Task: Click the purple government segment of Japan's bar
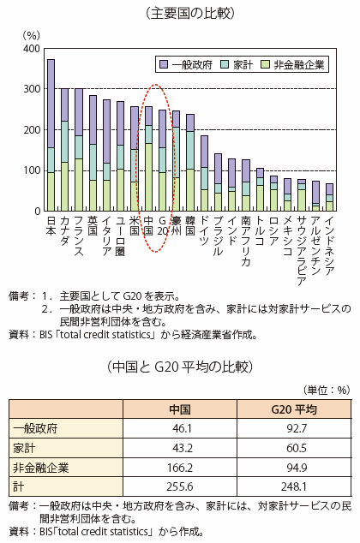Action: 51,104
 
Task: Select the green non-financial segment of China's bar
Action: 148,177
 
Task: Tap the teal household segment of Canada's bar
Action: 65,141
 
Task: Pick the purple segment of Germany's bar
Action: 204,152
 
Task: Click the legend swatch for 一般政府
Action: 164,64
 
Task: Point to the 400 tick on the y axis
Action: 32,49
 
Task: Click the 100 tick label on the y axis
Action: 32,170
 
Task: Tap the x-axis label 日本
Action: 51,225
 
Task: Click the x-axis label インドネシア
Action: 329,246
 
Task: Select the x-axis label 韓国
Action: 190,225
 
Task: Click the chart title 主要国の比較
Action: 190,14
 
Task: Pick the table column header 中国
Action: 180,409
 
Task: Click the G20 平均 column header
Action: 294,409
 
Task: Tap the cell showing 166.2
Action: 180,468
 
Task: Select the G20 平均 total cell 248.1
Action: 294,486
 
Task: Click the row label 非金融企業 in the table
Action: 41,468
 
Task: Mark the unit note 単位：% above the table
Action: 327,390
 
